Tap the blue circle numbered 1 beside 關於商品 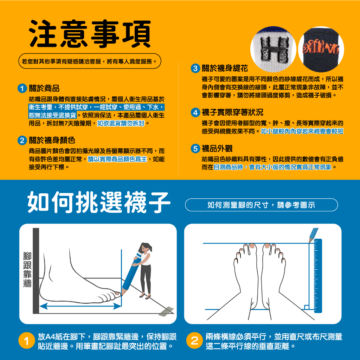pos(22,88)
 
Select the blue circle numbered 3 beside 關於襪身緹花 pos(195,69)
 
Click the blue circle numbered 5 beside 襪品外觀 pos(195,149)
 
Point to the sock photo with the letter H pos(273,49)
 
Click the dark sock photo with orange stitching pos(321,49)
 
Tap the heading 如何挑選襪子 pos(99,202)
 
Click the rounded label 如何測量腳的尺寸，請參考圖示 pos(261,205)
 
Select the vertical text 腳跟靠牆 pos(27,270)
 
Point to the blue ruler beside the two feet pos(318,276)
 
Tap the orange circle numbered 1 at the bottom pos(27,341)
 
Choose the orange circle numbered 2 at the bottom pos(194,341)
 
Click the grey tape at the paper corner pos(166,311)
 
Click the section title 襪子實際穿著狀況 pos(232,112)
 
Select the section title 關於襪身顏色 pos(52,140)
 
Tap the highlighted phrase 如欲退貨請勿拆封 pos(121,123)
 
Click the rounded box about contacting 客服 pos(90,61)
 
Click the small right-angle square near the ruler pos(306,307)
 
